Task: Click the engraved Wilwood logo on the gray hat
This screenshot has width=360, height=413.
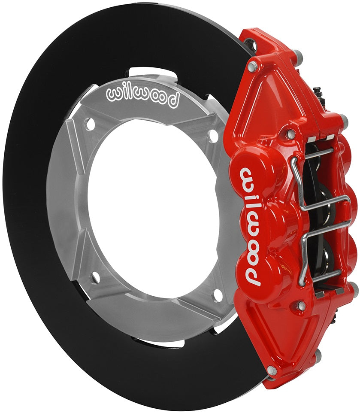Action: pos(142,97)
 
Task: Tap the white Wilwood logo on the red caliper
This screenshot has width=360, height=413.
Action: pos(251,226)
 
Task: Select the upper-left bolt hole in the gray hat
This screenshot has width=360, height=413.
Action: pos(90,125)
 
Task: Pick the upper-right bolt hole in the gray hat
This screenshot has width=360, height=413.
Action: pos(213,136)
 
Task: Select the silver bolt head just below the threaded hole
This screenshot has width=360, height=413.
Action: pos(253,67)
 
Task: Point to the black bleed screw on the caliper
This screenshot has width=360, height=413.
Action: pos(318,91)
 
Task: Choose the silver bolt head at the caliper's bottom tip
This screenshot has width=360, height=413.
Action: pos(272,370)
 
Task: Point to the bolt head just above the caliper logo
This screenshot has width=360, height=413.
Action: pos(291,134)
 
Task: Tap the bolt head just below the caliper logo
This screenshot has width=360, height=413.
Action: pos(301,306)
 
